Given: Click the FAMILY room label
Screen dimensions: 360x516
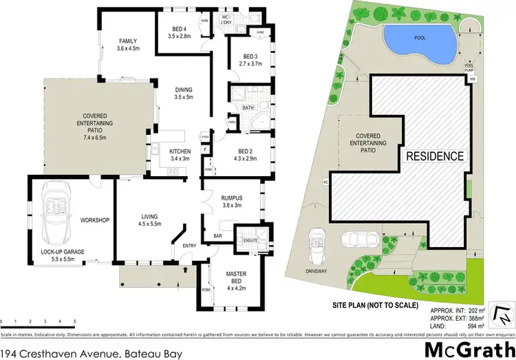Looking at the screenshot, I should [x=129, y=41].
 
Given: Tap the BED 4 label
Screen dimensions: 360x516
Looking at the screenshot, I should [x=181, y=28].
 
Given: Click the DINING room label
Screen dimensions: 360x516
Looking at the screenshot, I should [x=184, y=89].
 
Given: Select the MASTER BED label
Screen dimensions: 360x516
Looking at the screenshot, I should [x=235, y=277].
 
